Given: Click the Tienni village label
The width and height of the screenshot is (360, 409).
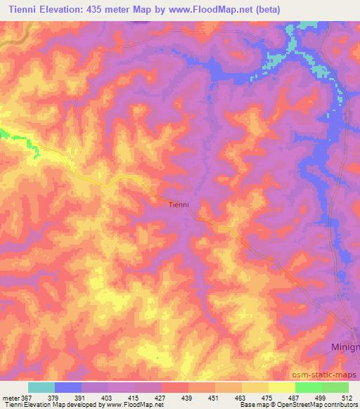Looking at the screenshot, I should tap(180, 205).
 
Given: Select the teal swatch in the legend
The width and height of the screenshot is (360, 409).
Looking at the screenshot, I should tap(41, 387).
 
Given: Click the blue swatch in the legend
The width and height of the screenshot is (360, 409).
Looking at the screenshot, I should tap(68, 387).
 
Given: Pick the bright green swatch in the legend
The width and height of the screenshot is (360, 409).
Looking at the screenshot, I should tap(309, 387).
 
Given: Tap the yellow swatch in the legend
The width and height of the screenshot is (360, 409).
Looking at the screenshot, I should tap(282, 387).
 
